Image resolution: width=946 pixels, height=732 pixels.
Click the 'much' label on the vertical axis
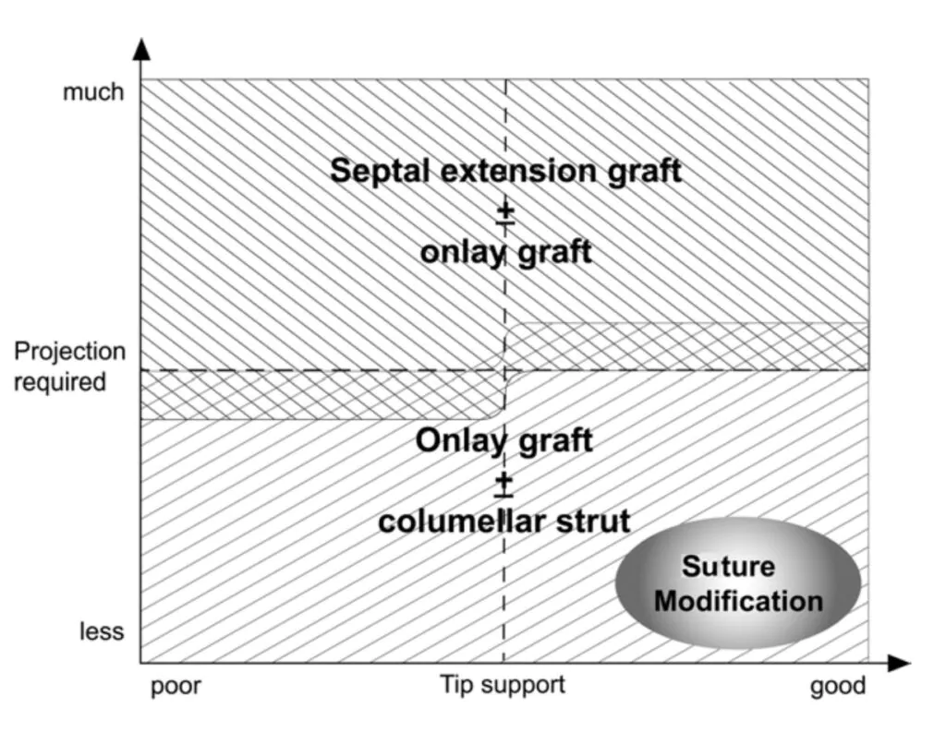tap(92, 92)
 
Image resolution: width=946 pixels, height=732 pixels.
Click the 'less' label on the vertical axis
tap(101, 632)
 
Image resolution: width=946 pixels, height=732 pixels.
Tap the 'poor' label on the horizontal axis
tap(175, 687)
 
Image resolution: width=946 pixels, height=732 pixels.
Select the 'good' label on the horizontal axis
tap(838, 687)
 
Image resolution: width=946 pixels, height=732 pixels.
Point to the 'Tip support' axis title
tap(502, 685)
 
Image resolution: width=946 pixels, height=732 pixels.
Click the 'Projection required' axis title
tap(69, 366)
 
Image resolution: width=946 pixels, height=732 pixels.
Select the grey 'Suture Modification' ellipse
tap(737, 583)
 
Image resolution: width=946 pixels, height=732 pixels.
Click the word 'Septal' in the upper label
tap(377, 171)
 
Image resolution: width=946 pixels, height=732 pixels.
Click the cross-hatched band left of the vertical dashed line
tap(319, 395)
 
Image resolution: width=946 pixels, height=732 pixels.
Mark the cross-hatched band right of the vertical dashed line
tap(688, 346)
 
